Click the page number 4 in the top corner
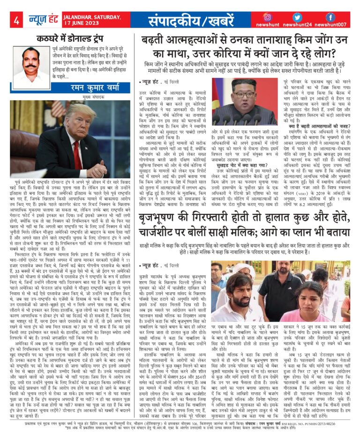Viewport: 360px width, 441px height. [x=16, y=20]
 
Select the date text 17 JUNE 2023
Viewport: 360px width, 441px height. [x=85, y=23]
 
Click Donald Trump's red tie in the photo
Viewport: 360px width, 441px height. [x=76, y=155]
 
